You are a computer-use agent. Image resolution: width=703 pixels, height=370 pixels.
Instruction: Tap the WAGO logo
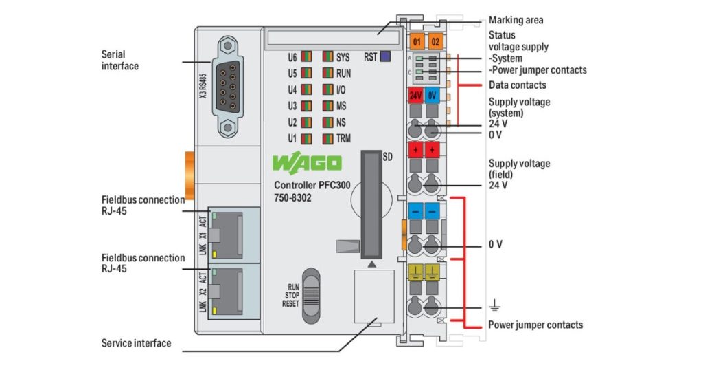click(x=307, y=163)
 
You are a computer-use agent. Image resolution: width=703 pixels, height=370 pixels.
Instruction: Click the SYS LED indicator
click(x=327, y=57)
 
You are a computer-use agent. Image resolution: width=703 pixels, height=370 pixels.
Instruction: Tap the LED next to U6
click(x=306, y=57)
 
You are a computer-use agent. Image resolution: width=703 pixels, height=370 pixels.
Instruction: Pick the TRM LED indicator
click(x=327, y=138)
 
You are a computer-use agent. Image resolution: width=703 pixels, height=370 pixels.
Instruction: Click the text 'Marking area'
click(x=516, y=20)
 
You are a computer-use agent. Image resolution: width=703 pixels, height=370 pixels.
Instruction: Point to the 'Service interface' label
click(x=136, y=342)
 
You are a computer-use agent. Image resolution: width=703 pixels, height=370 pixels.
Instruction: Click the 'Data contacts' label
click(x=517, y=85)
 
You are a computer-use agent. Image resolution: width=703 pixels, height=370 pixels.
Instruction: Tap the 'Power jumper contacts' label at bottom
click(x=535, y=325)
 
